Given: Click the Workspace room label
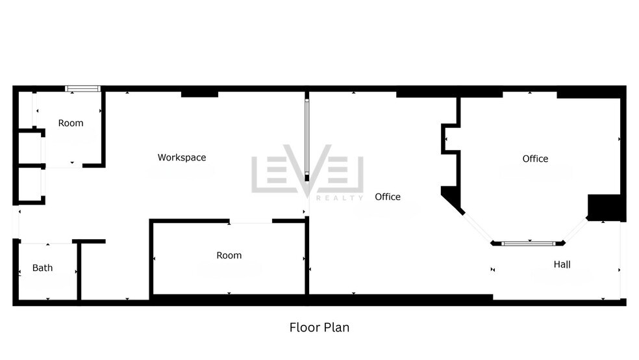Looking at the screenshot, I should [x=182, y=157].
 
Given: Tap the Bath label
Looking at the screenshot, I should [x=43, y=268].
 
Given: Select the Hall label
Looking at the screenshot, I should [x=562, y=264].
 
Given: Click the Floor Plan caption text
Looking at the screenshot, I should [x=319, y=327].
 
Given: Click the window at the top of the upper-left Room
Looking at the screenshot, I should [x=82, y=88].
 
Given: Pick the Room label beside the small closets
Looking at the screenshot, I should [x=71, y=123].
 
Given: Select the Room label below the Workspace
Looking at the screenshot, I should [x=229, y=255].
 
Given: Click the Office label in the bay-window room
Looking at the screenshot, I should [x=535, y=159].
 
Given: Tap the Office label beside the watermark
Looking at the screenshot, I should [x=388, y=197].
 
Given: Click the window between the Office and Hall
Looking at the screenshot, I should [x=529, y=244].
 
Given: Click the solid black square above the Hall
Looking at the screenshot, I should [x=606, y=207].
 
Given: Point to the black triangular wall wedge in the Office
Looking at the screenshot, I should [x=451, y=196].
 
